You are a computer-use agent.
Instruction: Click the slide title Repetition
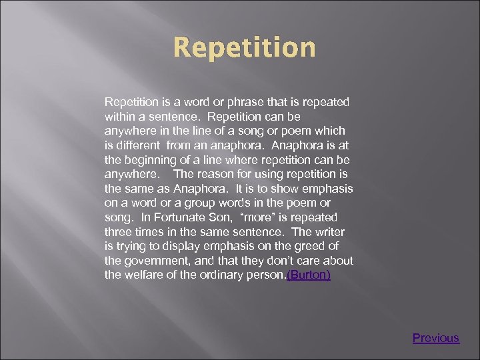244,48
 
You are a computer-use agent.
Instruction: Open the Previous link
435,338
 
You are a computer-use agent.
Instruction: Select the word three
118,232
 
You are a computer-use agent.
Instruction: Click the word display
173,247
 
